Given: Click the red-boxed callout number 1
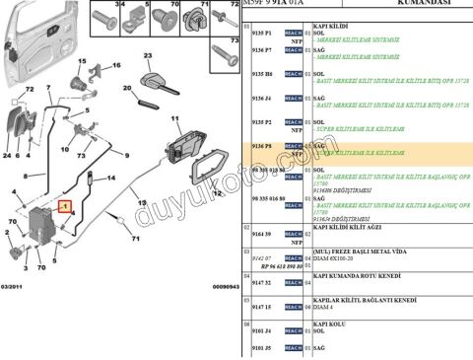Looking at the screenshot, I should (65, 207).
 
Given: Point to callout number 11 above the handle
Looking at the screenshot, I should (178, 119).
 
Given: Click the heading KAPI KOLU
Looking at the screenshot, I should (327, 322).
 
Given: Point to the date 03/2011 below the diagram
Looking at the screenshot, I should (15, 286).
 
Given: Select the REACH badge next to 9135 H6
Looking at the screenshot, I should (293, 74).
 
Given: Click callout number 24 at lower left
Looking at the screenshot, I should (7, 156).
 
